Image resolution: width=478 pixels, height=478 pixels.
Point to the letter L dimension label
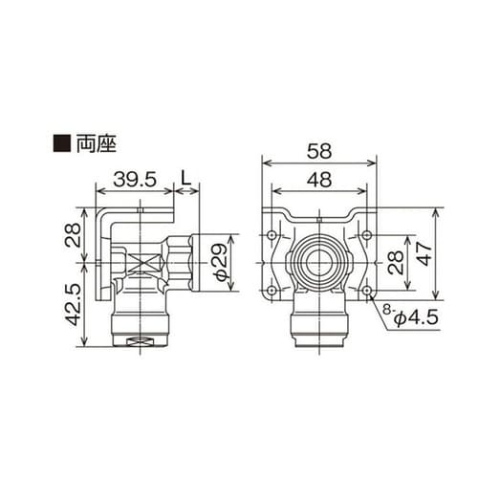click(187, 178)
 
